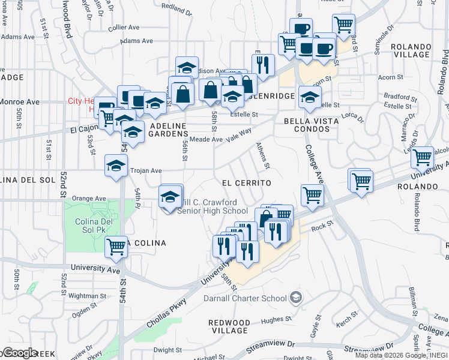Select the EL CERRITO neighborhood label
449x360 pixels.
point(247,182)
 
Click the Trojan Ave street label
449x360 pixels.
point(147,170)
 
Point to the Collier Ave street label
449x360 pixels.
point(124,28)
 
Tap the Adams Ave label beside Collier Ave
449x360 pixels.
point(137,41)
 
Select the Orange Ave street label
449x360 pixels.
point(88,199)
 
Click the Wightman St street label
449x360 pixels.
point(87,296)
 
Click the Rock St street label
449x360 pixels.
point(322,226)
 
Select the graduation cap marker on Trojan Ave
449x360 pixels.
point(116,166)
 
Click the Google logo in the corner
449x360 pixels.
point(19,352)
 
